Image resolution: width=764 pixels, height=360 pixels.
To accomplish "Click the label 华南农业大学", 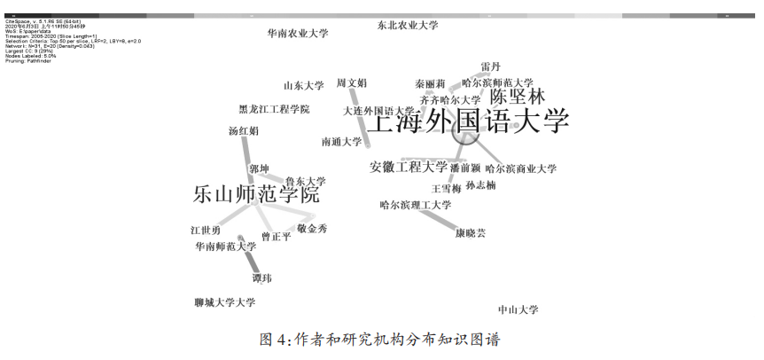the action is (x=298, y=34).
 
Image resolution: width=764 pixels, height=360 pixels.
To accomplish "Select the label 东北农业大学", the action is (x=408, y=26).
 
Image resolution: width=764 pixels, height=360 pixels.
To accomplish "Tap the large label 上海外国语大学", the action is (x=467, y=121).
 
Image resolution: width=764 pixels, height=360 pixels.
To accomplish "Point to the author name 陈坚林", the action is (x=518, y=97).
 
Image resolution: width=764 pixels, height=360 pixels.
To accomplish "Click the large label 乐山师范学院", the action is (x=256, y=195).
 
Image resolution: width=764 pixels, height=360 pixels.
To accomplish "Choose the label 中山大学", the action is (x=518, y=309).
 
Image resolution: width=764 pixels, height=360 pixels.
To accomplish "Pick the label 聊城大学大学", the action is (x=224, y=302).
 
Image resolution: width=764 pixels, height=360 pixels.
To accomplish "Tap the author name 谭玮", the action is (x=262, y=278).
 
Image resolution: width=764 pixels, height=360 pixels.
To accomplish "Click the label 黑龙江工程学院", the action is (x=275, y=110).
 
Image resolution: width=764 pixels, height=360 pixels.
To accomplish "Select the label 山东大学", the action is (x=304, y=86).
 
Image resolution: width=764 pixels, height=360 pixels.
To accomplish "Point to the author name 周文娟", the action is (x=351, y=83).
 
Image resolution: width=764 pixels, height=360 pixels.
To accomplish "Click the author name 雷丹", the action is (x=491, y=67).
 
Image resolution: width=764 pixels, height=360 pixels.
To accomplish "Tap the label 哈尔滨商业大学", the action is (x=521, y=168).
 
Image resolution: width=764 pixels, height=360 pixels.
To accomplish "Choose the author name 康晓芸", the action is (x=471, y=233).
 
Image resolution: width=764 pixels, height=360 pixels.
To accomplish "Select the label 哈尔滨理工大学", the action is (x=416, y=206).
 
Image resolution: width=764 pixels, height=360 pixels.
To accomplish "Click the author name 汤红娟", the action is (x=244, y=131).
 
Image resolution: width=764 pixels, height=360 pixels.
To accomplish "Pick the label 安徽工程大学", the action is (x=409, y=167).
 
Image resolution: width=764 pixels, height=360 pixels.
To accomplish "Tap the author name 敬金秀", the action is (x=312, y=229).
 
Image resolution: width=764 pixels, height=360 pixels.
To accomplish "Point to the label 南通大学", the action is (x=341, y=141).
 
